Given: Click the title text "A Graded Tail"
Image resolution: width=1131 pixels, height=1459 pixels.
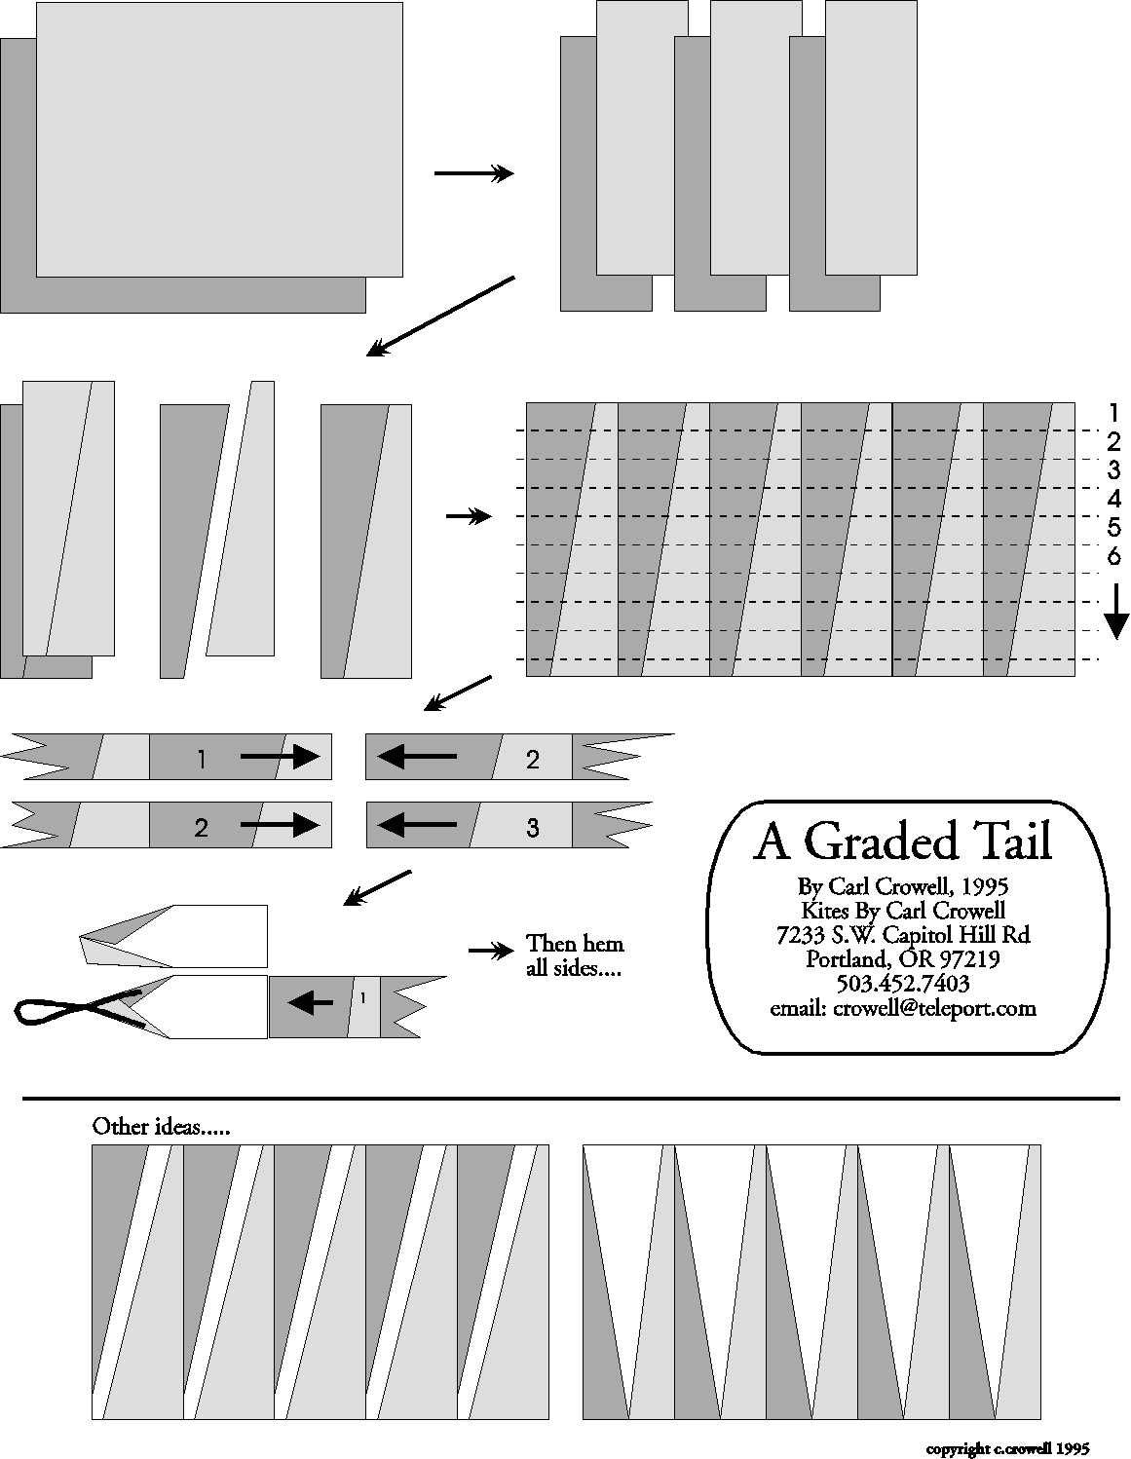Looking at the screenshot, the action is click(x=902, y=842).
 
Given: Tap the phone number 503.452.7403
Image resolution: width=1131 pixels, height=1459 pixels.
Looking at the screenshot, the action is click(x=903, y=984).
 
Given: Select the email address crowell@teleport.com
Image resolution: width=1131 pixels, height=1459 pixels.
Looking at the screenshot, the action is click(x=934, y=1008).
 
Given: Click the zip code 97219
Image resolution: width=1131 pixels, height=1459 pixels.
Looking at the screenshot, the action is click(x=968, y=958).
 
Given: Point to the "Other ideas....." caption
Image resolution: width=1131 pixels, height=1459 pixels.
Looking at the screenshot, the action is click(x=161, y=1126).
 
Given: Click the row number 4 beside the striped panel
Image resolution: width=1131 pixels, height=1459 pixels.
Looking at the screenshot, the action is click(x=1114, y=499).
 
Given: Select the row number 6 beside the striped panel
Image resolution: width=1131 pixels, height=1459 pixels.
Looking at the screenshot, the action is click(x=1114, y=556).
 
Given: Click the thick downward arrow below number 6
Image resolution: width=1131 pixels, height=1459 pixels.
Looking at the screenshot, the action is click(x=1115, y=611).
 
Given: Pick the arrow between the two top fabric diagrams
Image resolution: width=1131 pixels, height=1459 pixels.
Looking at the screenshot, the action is click(x=473, y=174).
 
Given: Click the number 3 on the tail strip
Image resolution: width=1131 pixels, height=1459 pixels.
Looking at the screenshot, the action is click(x=532, y=828).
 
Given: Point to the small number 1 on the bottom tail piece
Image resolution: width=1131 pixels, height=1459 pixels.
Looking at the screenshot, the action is click(x=363, y=998).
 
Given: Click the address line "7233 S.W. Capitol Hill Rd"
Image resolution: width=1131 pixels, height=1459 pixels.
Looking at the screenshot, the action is click(x=903, y=935).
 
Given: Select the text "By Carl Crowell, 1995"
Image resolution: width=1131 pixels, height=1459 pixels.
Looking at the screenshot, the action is click(x=903, y=886).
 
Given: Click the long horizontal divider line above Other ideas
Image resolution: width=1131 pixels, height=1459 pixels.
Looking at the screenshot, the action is click(x=571, y=1099).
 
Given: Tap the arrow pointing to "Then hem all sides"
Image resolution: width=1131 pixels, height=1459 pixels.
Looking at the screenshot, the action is click(x=491, y=951).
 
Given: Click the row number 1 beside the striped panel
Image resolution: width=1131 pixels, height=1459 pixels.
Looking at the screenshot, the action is click(x=1114, y=412).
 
